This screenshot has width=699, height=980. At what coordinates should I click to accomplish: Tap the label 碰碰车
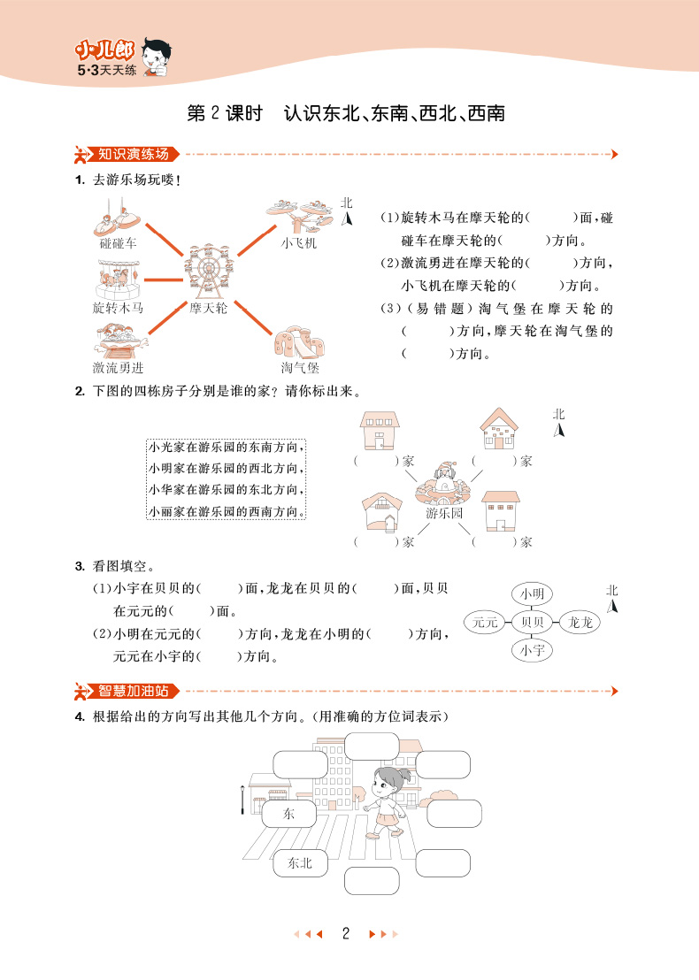[118, 242]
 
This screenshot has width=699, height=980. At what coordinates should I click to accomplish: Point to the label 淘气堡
[300, 367]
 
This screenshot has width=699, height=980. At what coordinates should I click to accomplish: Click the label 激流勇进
[118, 367]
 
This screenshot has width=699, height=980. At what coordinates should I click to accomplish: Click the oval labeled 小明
[532, 593]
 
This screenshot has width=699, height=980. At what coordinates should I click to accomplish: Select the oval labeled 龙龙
[580, 623]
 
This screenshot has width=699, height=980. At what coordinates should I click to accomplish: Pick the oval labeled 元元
[486, 623]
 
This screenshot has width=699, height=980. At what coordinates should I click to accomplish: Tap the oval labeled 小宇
[532, 652]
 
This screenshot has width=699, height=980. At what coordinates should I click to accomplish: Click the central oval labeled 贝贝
[532, 623]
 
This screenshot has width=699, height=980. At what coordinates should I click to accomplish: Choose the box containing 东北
[300, 863]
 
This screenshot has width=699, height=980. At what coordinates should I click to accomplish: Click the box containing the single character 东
[288, 813]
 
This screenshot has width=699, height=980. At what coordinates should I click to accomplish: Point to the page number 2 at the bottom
[348, 933]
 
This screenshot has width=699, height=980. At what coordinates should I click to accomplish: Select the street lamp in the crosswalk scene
[243, 800]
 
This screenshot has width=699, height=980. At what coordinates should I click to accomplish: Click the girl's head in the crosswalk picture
[388, 781]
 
